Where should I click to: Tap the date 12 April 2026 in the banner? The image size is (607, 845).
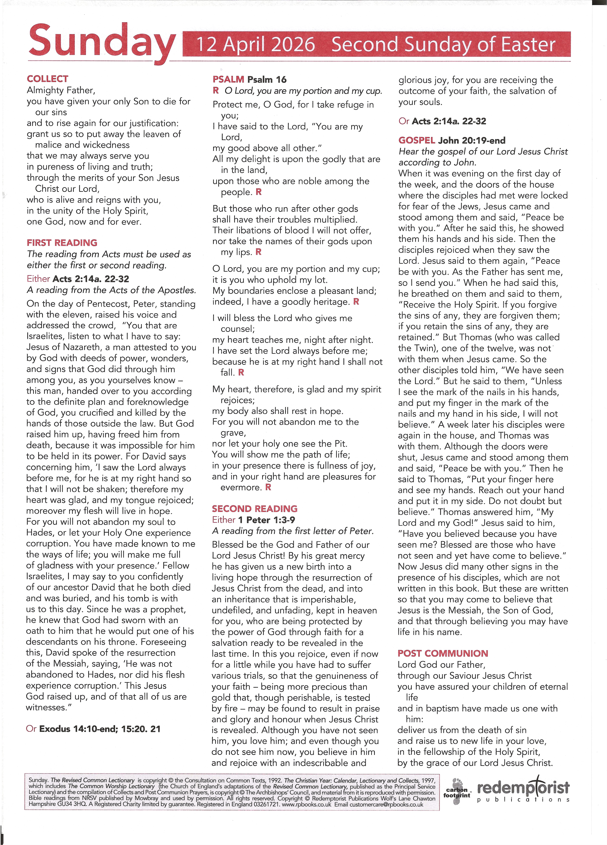(x=256, y=44)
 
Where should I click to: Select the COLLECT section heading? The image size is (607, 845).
(x=47, y=79)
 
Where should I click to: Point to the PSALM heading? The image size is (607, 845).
(x=228, y=79)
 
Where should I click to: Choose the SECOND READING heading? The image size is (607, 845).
(x=255, y=509)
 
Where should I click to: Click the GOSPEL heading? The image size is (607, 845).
(x=416, y=140)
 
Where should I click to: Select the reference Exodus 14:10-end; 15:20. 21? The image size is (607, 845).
(x=99, y=729)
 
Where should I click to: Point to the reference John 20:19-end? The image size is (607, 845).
(x=472, y=140)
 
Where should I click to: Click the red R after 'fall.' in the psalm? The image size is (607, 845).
(x=241, y=372)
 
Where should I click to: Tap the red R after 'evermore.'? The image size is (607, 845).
(x=268, y=487)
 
